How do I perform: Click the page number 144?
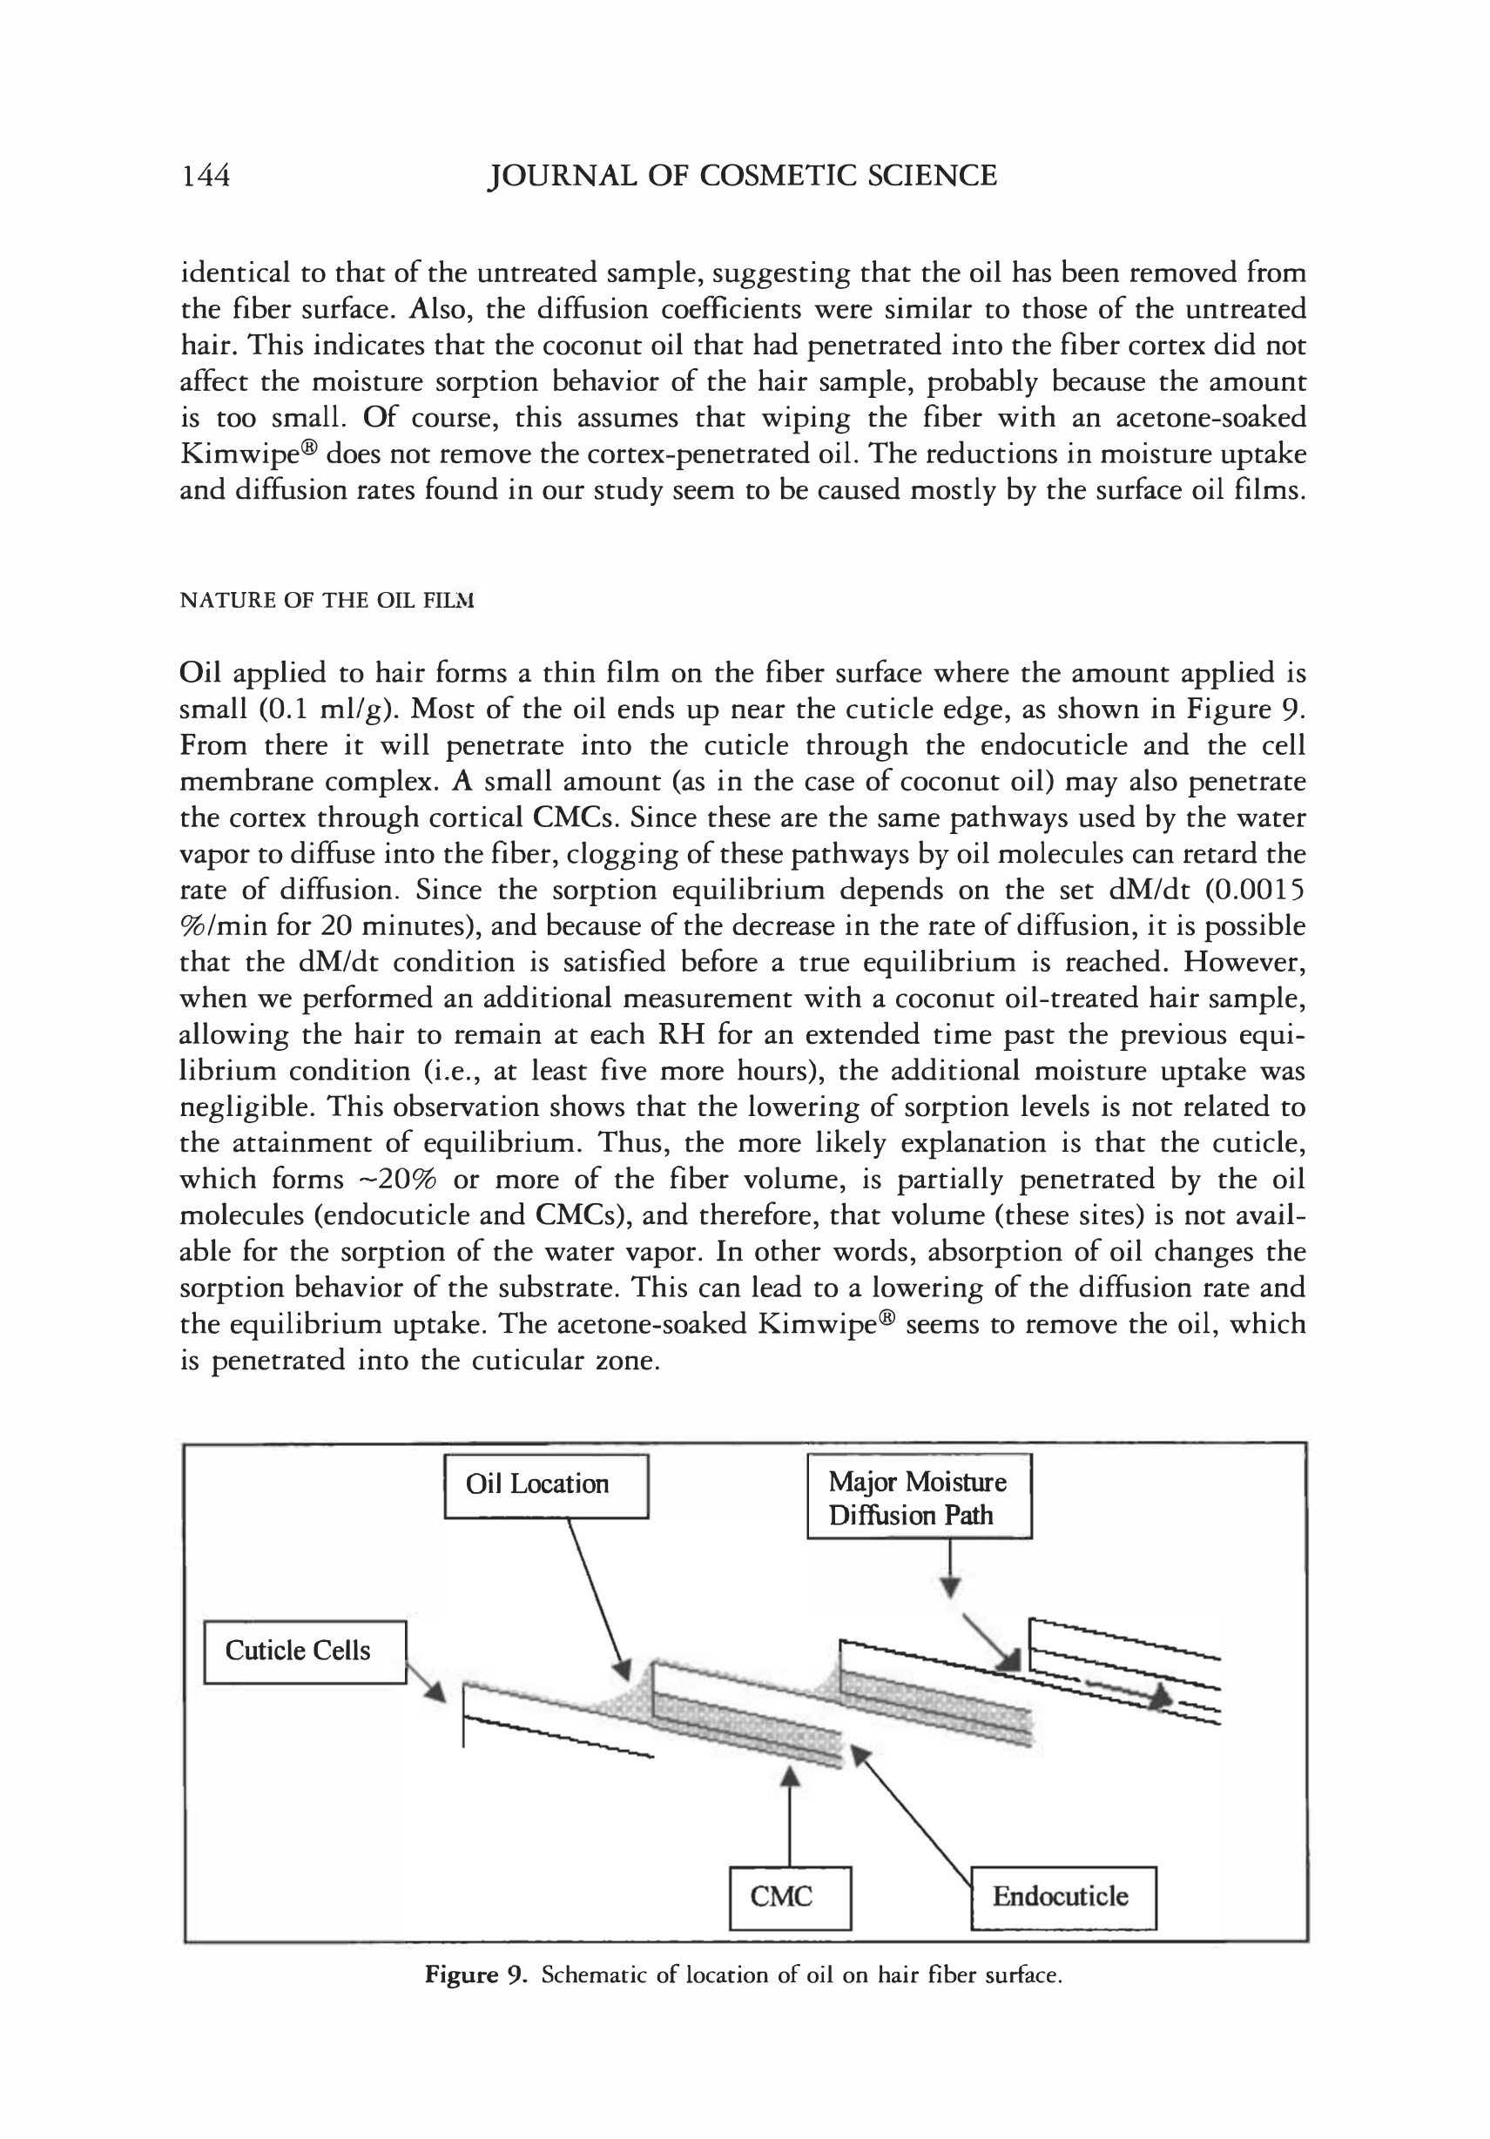[205, 175]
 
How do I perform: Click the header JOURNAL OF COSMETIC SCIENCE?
[743, 175]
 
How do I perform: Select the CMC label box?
[789, 1896]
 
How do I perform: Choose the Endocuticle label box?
[1063, 1896]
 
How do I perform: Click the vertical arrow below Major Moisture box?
[949, 1567]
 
